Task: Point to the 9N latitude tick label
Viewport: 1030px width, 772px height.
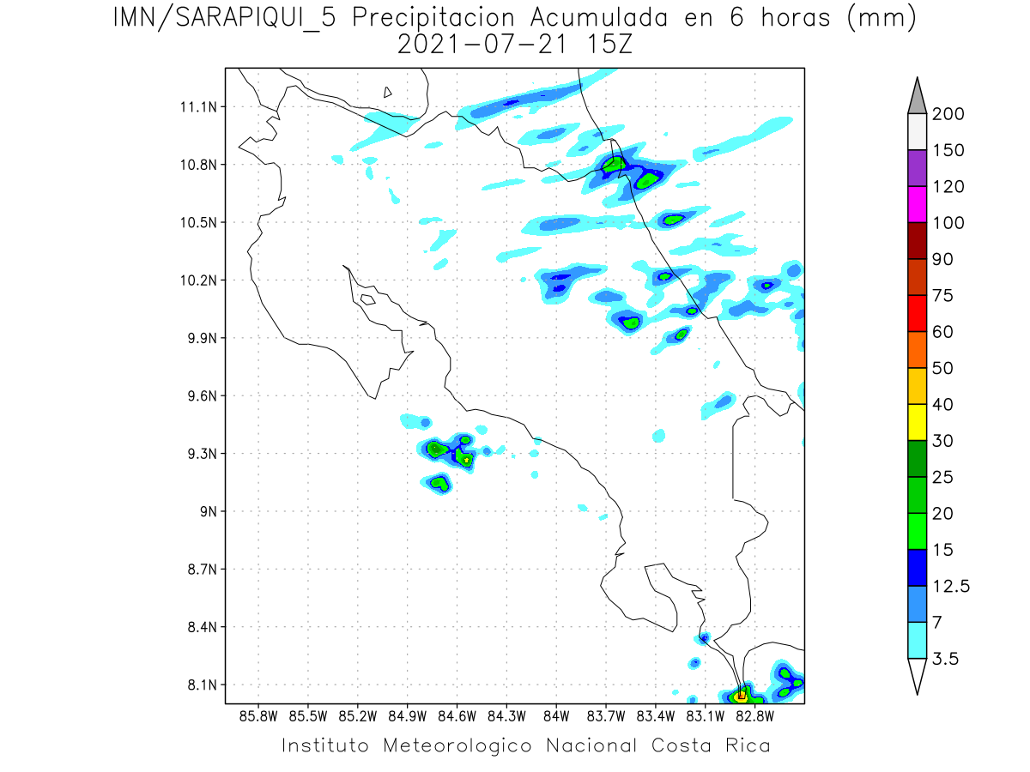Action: coord(209,511)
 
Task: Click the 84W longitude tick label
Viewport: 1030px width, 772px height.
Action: coord(556,716)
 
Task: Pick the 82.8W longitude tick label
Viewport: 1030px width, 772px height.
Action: coord(754,716)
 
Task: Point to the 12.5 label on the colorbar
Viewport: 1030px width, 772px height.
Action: coord(951,586)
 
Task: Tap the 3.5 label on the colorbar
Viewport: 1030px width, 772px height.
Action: coord(945,659)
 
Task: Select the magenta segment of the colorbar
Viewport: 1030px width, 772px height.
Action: coord(917,204)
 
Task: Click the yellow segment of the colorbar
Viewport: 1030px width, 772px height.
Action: coord(917,422)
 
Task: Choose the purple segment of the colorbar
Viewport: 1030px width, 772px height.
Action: coord(917,168)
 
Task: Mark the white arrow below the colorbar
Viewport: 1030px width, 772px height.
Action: coord(917,676)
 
